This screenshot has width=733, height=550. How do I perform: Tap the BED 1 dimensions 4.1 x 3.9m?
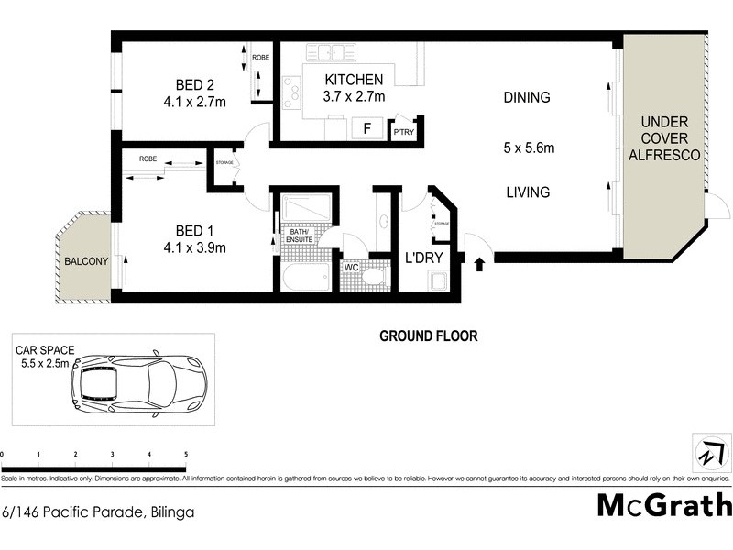click(x=194, y=247)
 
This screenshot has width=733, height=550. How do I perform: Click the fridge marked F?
click(x=366, y=128)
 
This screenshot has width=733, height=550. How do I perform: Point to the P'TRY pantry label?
click(x=403, y=132)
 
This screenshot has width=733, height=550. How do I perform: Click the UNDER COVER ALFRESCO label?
click(x=670, y=138)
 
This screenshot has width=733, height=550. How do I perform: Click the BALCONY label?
click(x=86, y=261)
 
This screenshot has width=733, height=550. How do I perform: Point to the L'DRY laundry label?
click(x=424, y=259)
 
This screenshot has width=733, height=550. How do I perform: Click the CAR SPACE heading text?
click(x=46, y=350)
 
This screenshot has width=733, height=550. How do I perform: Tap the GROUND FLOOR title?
click(x=429, y=336)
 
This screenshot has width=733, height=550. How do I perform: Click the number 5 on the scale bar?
click(x=186, y=454)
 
